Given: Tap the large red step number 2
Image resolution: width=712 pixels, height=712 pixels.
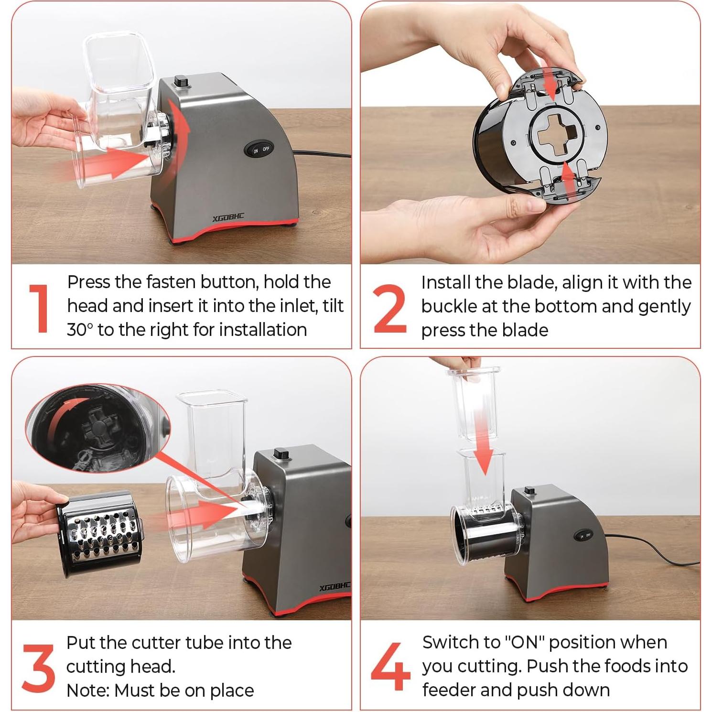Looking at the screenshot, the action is pyautogui.click(x=390, y=308).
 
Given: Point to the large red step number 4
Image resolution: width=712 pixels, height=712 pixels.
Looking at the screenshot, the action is pyautogui.click(x=390, y=667).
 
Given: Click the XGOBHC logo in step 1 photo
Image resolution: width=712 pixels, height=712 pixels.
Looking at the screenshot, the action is pyautogui.click(x=228, y=218).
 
